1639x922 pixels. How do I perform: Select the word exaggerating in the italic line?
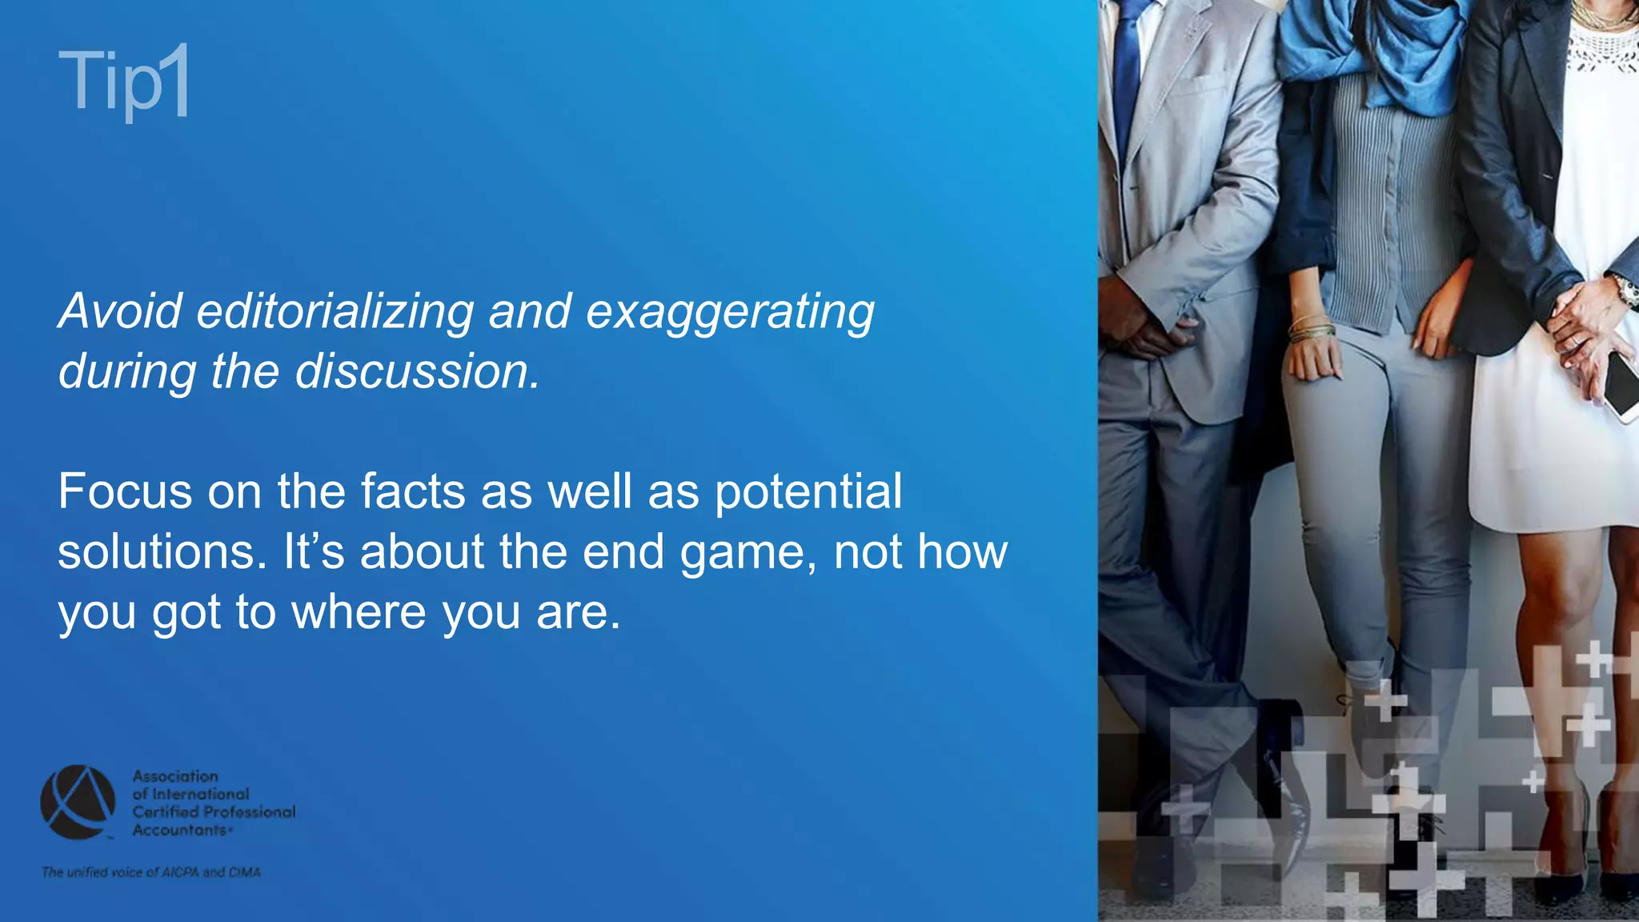[730, 312]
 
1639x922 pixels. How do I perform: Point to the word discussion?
[417, 371]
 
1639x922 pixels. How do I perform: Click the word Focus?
[125, 491]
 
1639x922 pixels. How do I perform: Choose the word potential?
[807, 492]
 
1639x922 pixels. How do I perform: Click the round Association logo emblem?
[78, 802]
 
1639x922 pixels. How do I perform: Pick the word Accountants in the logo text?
[181, 830]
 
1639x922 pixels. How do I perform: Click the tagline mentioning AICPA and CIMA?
[151, 872]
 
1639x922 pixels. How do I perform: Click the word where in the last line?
[358, 612]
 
